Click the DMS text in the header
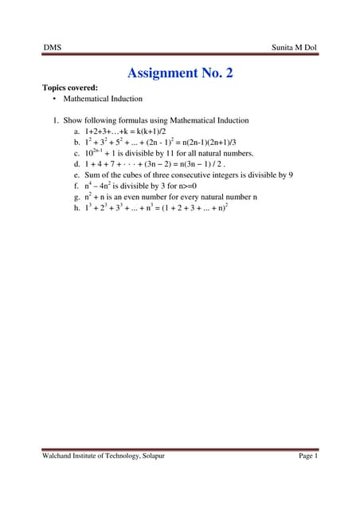coord(52,49)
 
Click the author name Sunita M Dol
coord(293,49)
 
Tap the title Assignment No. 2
coord(180,74)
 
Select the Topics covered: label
coord(70,88)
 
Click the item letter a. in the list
coord(76,131)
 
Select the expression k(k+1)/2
coord(159,131)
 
